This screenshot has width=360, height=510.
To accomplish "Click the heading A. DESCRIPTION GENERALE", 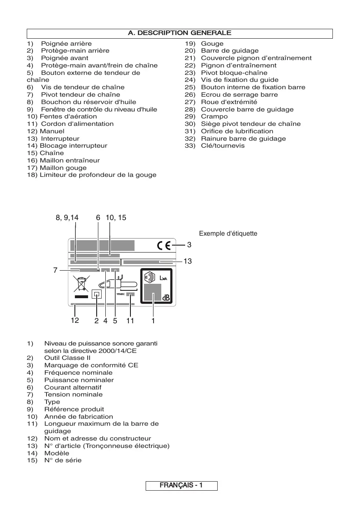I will (180, 33).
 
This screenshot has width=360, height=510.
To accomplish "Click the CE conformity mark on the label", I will (164, 246).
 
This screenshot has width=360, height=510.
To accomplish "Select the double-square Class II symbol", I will (97, 294).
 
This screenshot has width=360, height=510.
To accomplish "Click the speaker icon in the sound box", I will (151, 277).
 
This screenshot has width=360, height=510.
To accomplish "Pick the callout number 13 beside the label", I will (188, 261).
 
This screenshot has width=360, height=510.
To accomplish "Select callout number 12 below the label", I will (74, 321).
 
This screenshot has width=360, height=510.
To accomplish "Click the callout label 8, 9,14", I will (67, 218).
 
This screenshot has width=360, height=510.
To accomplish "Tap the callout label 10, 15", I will (116, 218).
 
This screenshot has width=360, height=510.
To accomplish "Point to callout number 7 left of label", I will (55, 270).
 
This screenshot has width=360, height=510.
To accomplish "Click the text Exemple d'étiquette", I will (228, 234).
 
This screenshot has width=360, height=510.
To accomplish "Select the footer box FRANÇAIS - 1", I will (181, 486).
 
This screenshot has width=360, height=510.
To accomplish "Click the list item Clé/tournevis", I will (223, 146).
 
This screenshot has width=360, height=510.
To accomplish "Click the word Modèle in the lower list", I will (57, 453).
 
